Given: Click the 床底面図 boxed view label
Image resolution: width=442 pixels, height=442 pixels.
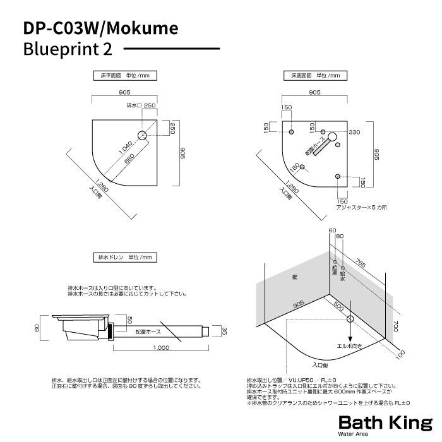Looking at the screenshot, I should click(315, 76).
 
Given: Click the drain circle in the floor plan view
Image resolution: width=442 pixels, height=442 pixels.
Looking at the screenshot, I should click(143, 136).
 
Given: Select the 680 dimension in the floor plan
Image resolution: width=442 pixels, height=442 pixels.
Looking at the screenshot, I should click(129, 160).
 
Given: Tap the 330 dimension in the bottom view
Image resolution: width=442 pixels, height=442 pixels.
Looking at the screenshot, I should click(354, 132).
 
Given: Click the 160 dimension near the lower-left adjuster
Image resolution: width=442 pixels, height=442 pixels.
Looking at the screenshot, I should click(294, 169).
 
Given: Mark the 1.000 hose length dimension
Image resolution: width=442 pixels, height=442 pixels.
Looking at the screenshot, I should click(160, 349).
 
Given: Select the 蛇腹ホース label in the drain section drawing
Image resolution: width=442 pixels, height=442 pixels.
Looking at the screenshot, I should click(148, 331).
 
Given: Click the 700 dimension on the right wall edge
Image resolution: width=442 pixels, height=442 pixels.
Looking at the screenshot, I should click(395, 327).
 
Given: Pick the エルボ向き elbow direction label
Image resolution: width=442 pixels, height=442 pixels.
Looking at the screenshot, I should click(349, 347).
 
